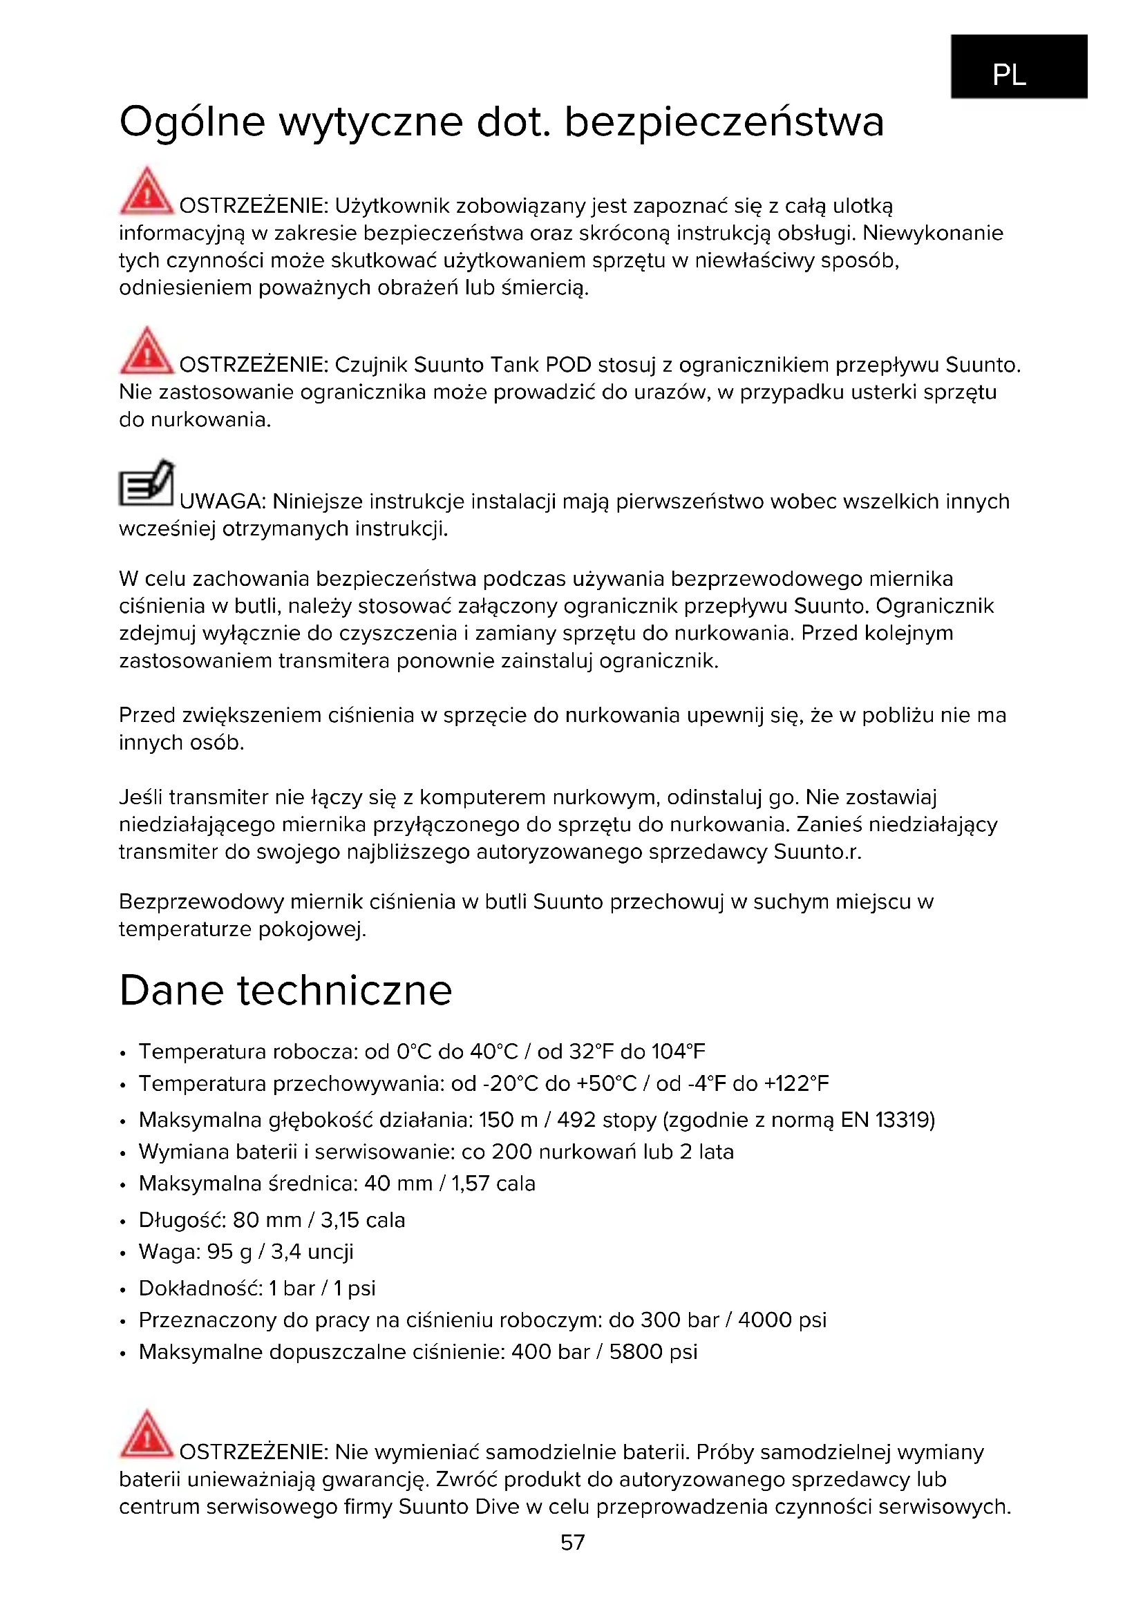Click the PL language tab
[x=1019, y=66]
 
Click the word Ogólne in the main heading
[x=191, y=122]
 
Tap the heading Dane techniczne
[x=285, y=990]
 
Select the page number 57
[x=572, y=1542]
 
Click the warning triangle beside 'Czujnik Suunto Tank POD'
[x=147, y=350]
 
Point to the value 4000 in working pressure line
[x=765, y=1320]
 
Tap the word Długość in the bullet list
[x=182, y=1219]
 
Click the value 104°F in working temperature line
[x=678, y=1052]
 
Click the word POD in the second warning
[x=569, y=365]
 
